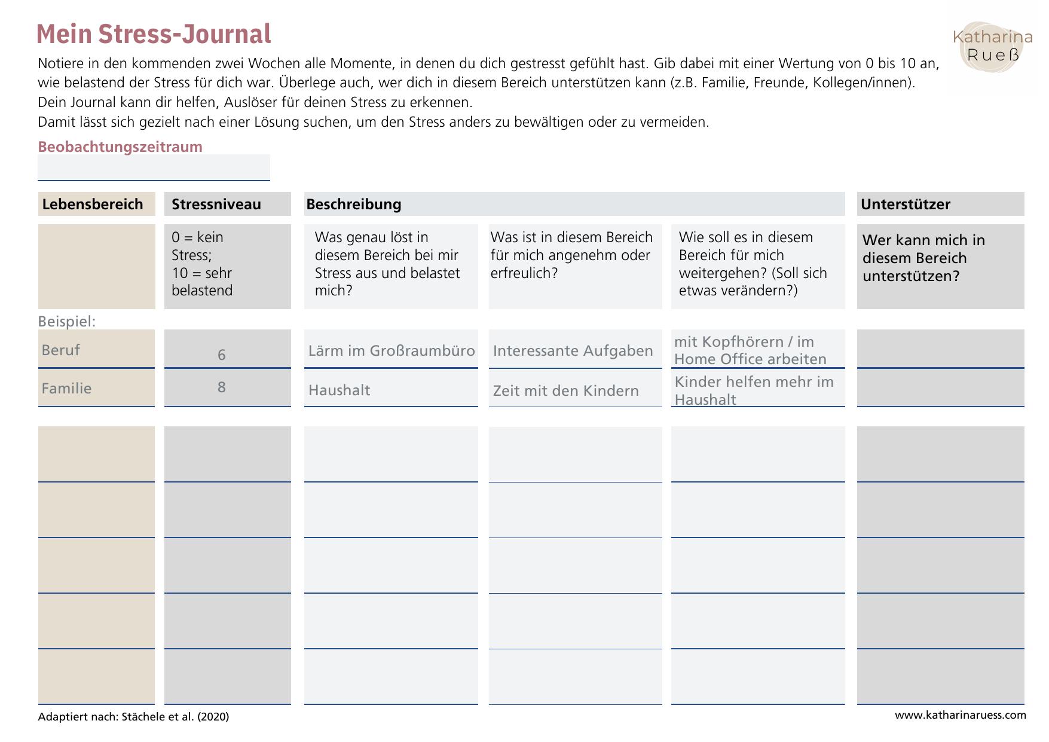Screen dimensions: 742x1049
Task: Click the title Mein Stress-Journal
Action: pyautogui.click(x=154, y=34)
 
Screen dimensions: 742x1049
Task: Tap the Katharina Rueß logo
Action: pyautogui.click(x=992, y=47)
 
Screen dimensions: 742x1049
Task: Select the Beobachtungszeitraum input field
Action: pyautogui.click(x=154, y=167)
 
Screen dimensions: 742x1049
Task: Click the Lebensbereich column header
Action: pyautogui.click(x=93, y=204)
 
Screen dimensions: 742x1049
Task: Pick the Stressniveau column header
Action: pyautogui.click(x=216, y=204)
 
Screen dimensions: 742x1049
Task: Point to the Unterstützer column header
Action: pyautogui.click(x=905, y=204)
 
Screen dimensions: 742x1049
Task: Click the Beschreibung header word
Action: pyautogui.click(x=354, y=204)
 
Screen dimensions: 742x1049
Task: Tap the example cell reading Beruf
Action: pyautogui.click(x=61, y=350)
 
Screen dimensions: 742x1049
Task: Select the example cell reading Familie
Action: pyautogui.click(x=66, y=388)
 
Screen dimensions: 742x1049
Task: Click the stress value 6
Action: pyautogui.click(x=222, y=355)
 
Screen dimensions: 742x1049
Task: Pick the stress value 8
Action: pyautogui.click(x=222, y=387)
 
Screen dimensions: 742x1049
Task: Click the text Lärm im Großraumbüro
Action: pyautogui.click(x=392, y=350)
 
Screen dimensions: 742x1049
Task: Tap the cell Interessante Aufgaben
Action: pyautogui.click(x=573, y=350)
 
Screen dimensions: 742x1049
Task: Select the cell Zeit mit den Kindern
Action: pyautogui.click(x=565, y=390)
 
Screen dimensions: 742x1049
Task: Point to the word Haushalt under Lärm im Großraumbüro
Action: pyautogui.click(x=339, y=390)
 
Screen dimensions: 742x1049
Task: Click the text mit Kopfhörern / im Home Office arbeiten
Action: pyautogui.click(x=750, y=350)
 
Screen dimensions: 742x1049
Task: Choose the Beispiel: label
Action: pyautogui.click(x=67, y=322)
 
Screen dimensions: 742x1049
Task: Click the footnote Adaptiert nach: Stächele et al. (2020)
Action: pyautogui.click(x=133, y=716)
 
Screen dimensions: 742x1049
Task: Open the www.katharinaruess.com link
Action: pyautogui.click(x=960, y=715)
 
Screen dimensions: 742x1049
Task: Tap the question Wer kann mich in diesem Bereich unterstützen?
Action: pyautogui.click(x=923, y=258)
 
